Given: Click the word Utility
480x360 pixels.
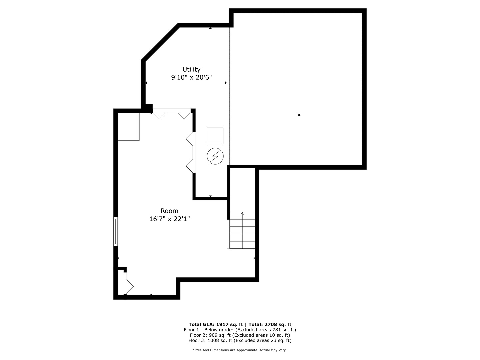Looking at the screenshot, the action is (191, 70).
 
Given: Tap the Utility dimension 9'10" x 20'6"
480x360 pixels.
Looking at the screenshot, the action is (191, 77).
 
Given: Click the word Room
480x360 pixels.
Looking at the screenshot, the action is (169, 211).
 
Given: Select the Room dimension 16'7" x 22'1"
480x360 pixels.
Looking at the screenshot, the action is (169, 219).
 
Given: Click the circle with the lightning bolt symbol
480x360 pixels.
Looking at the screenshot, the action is (215, 156).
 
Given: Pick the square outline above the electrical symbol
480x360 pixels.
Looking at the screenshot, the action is (215, 136).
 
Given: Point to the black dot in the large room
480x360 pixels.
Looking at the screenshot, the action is (299, 115).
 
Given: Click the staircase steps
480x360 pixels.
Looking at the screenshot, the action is (242, 230).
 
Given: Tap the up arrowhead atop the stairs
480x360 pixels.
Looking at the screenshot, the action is (242, 213).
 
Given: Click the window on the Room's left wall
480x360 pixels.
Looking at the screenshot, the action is (115, 231).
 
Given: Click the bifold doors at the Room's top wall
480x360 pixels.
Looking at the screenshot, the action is (172, 114).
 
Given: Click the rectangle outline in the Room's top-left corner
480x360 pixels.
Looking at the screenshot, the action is (129, 127).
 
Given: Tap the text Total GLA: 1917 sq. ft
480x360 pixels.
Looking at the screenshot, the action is (216, 324).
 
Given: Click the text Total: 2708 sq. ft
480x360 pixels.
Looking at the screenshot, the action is (270, 324).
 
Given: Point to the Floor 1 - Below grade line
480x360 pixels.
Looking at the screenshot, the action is (240, 330).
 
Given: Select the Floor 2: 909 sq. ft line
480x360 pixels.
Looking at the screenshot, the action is (240, 335).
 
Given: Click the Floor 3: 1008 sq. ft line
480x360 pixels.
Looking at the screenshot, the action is (240, 340).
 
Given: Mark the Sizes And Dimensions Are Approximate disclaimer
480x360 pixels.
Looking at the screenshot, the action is (240, 350).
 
